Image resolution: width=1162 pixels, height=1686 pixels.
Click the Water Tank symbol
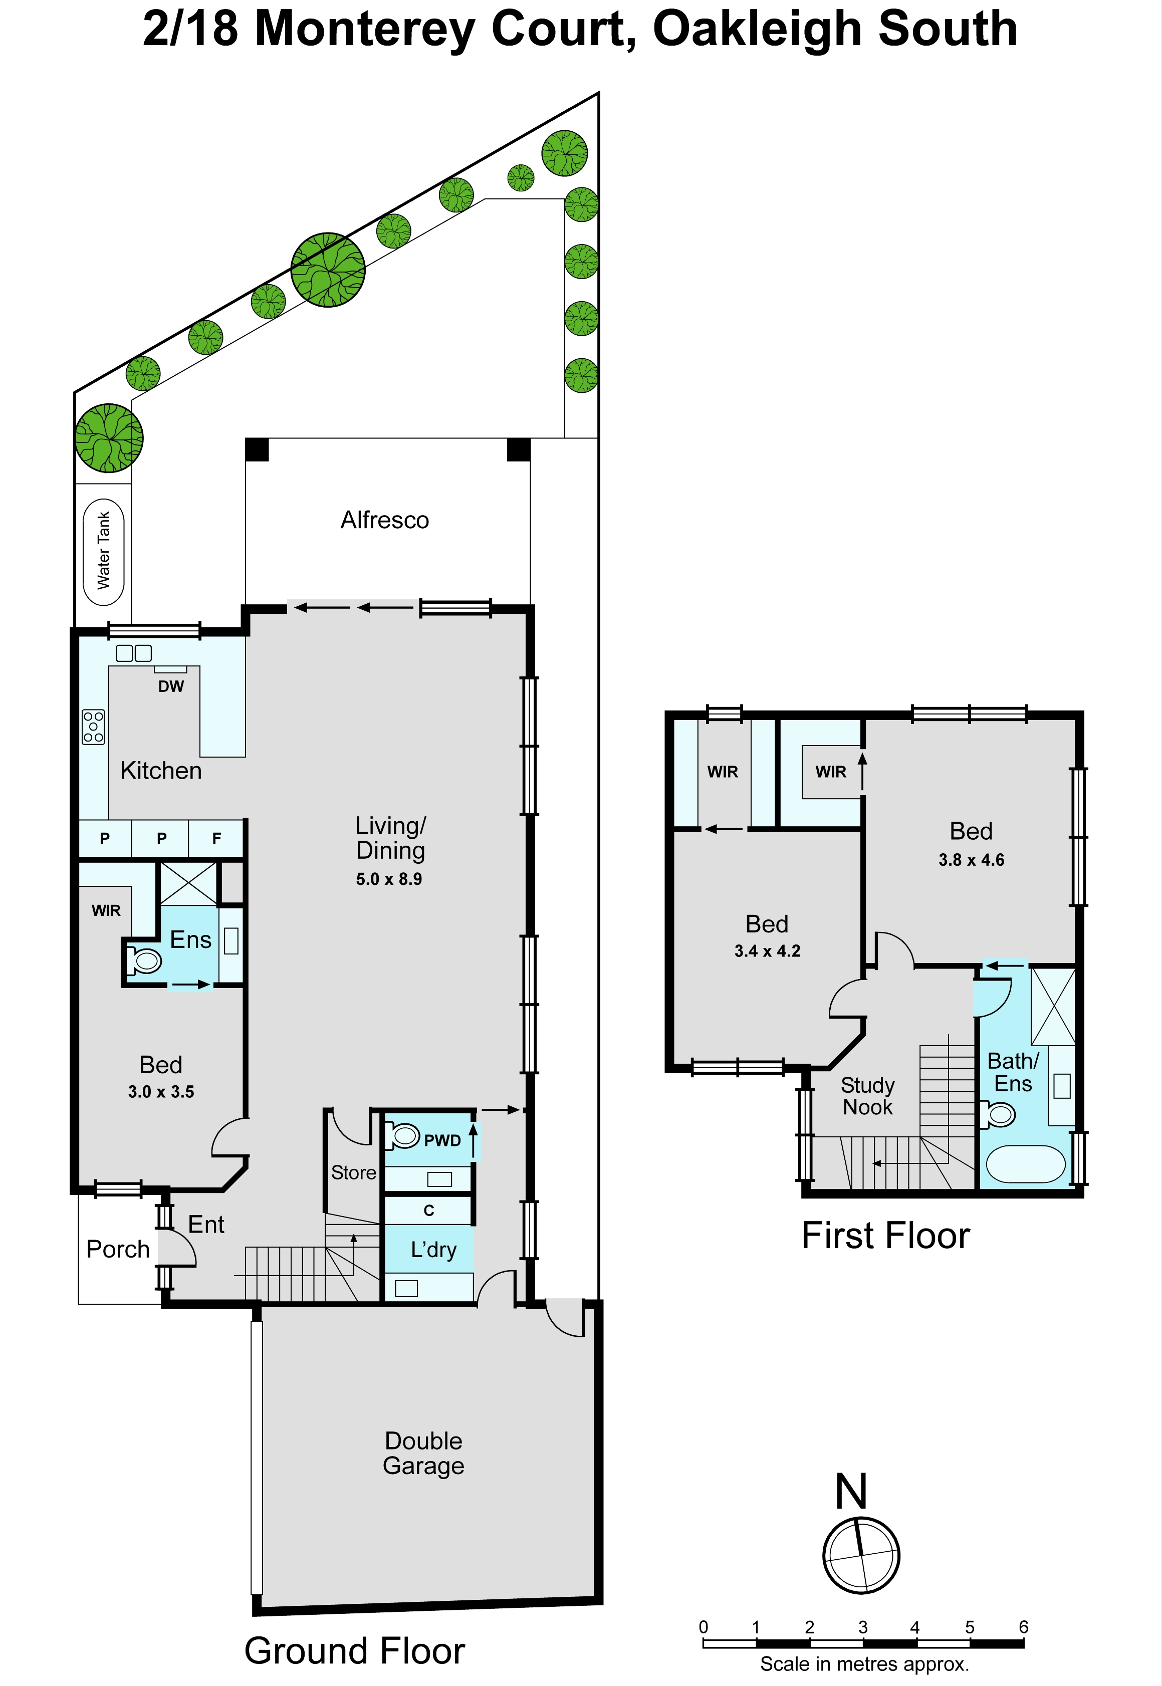pyautogui.click(x=103, y=552)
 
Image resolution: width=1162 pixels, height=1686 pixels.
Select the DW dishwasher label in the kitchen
pyautogui.click(x=171, y=686)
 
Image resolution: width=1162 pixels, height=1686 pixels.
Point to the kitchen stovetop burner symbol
pyautogui.click(x=93, y=727)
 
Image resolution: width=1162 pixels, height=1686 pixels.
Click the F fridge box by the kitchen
pyautogui.click(x=216, y=839)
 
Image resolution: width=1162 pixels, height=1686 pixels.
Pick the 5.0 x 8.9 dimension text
pyautogui.click(x=389, y=879)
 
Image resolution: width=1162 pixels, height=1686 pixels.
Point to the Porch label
pyautogui.click(x=117, y=1249)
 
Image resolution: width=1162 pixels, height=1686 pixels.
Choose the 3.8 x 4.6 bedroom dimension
pyautogui.click(x=971, y=860)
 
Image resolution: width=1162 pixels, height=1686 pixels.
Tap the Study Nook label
pyautogui.click(x=867, y=1096)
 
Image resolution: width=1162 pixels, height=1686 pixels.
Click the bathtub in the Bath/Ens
pyautogui.click(x=1025, y=1164)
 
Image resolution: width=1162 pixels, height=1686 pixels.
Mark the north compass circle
pyautogui.click(x=861, y=1556)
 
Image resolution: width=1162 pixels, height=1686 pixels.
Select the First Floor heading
pyautogui.click(x=885, y=1236)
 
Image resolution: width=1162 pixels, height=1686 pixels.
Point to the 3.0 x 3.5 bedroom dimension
pyautogui.click(x=161, y=1091)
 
